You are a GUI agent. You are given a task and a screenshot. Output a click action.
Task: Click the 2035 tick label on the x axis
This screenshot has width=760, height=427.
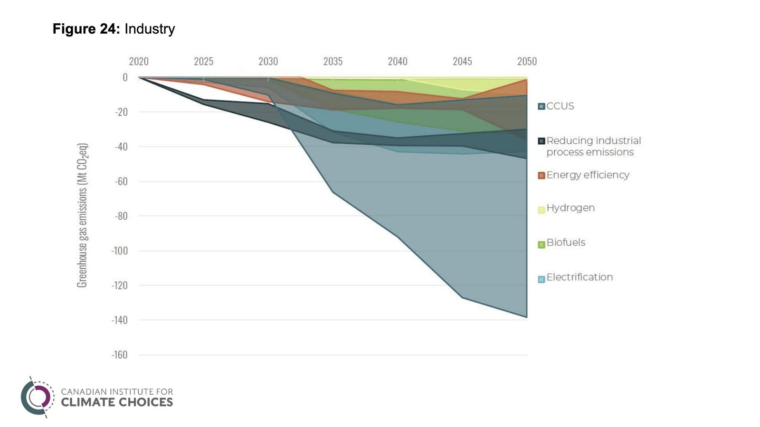click(332, 61)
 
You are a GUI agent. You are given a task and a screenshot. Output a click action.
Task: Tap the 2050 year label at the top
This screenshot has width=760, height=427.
click(527, 61)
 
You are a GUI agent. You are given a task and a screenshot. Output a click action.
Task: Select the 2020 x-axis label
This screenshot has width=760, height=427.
click(139, 61)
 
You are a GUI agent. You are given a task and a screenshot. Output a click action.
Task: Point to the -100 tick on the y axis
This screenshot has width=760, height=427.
click(120, 251)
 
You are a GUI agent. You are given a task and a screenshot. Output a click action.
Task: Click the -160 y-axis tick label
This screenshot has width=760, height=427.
click(120, 354)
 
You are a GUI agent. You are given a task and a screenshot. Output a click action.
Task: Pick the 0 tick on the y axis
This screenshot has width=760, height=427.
click(125, 77)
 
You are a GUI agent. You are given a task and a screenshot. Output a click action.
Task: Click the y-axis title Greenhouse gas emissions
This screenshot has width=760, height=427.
click(82, 215)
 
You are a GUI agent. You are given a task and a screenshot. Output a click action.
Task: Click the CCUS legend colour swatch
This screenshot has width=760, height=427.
click(541, 106)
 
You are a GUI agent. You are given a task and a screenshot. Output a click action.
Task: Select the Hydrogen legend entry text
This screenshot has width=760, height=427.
click(570, 208)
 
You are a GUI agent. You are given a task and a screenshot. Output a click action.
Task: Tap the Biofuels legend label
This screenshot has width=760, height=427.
click(566, 242)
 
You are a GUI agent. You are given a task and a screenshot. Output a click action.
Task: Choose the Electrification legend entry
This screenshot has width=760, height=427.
click(579, 277)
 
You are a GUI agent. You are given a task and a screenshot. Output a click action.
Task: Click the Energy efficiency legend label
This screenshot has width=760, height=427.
click(588, 175)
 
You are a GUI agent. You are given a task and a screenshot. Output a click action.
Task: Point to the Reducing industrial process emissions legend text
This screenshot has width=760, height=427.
click(593, 146)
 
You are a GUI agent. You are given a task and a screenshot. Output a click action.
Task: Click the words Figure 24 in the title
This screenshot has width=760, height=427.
click(85, 29)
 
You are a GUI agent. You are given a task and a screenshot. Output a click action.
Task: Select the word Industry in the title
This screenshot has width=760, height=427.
click(150, 29)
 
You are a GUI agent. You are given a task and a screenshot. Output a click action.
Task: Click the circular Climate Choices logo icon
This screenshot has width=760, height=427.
click(37, 397)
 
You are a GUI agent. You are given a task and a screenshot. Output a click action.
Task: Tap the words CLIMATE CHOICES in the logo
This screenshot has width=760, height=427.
click(117, 402)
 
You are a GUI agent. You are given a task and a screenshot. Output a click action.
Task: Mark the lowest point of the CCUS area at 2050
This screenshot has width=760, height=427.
click(527, 317)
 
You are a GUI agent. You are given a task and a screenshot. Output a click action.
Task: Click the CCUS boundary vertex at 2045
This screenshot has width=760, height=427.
click(462, 297)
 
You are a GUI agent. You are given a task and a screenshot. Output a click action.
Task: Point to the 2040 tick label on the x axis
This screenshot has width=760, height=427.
click(398, 61)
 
